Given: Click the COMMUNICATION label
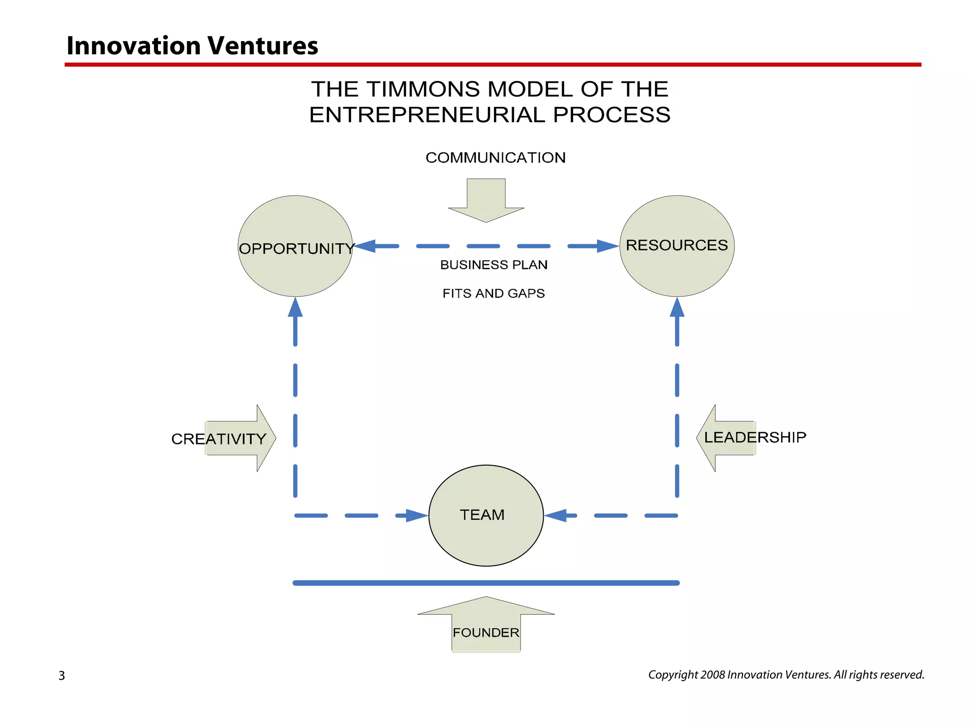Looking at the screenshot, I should (x=495, y=158).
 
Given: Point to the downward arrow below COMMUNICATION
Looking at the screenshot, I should (x=486, y=201).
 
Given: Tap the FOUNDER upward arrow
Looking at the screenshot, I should (x=486, y=625).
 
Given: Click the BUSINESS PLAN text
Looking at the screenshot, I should (x=494, y=265).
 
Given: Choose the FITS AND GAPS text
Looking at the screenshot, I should (x=494, y=293).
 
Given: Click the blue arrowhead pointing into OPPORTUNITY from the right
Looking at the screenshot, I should (x=366, y=246).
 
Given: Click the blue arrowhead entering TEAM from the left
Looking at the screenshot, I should (x=416, y=515).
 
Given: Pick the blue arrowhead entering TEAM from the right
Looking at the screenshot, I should (x=556, y=515).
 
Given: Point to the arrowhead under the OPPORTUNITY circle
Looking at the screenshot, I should (x=295, y=308).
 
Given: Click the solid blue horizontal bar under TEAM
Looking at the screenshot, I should (x=486, y=583).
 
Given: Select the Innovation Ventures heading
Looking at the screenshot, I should (x=192, y=46).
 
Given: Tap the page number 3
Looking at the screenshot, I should (x=62, y=675).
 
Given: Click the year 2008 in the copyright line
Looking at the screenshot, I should (x=712, y=674).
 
